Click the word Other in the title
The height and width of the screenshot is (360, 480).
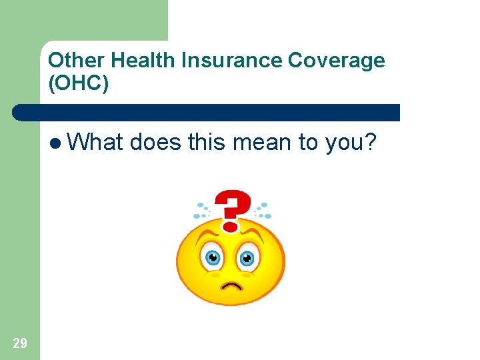(77, 61)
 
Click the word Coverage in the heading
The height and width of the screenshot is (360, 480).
(337, 61)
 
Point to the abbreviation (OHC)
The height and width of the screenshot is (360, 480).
(78, 83)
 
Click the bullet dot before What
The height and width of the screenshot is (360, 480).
(55, 142)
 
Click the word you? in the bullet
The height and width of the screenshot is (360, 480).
(353, 142)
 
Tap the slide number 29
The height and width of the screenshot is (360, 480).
(20, 343)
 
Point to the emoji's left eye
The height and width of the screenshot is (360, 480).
(213, 257)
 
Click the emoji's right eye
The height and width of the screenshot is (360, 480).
(247, 257)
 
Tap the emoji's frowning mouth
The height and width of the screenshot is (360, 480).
(231, 286)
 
